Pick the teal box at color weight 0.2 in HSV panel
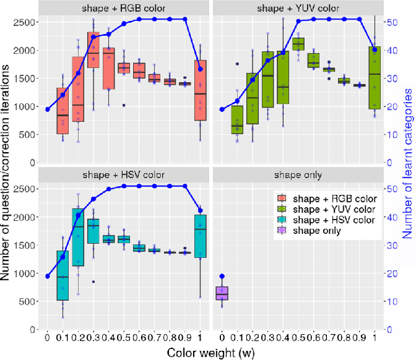pos(77,246)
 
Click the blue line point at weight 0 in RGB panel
pos(47,109)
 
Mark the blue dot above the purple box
pos(222,276)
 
